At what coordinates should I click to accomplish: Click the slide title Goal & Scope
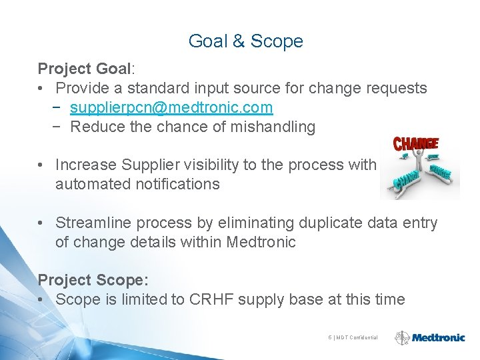(245, 41)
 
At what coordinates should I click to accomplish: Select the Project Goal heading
(85, 69)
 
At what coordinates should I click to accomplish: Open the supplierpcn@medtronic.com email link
(171, 107)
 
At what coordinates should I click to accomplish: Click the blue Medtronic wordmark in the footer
(438, 338)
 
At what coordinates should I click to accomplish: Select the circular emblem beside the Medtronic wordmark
(402, 338)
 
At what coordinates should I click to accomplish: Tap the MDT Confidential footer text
(357, 338)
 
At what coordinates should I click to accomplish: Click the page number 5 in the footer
(330, 338)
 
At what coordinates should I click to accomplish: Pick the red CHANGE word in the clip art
(416, 143)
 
